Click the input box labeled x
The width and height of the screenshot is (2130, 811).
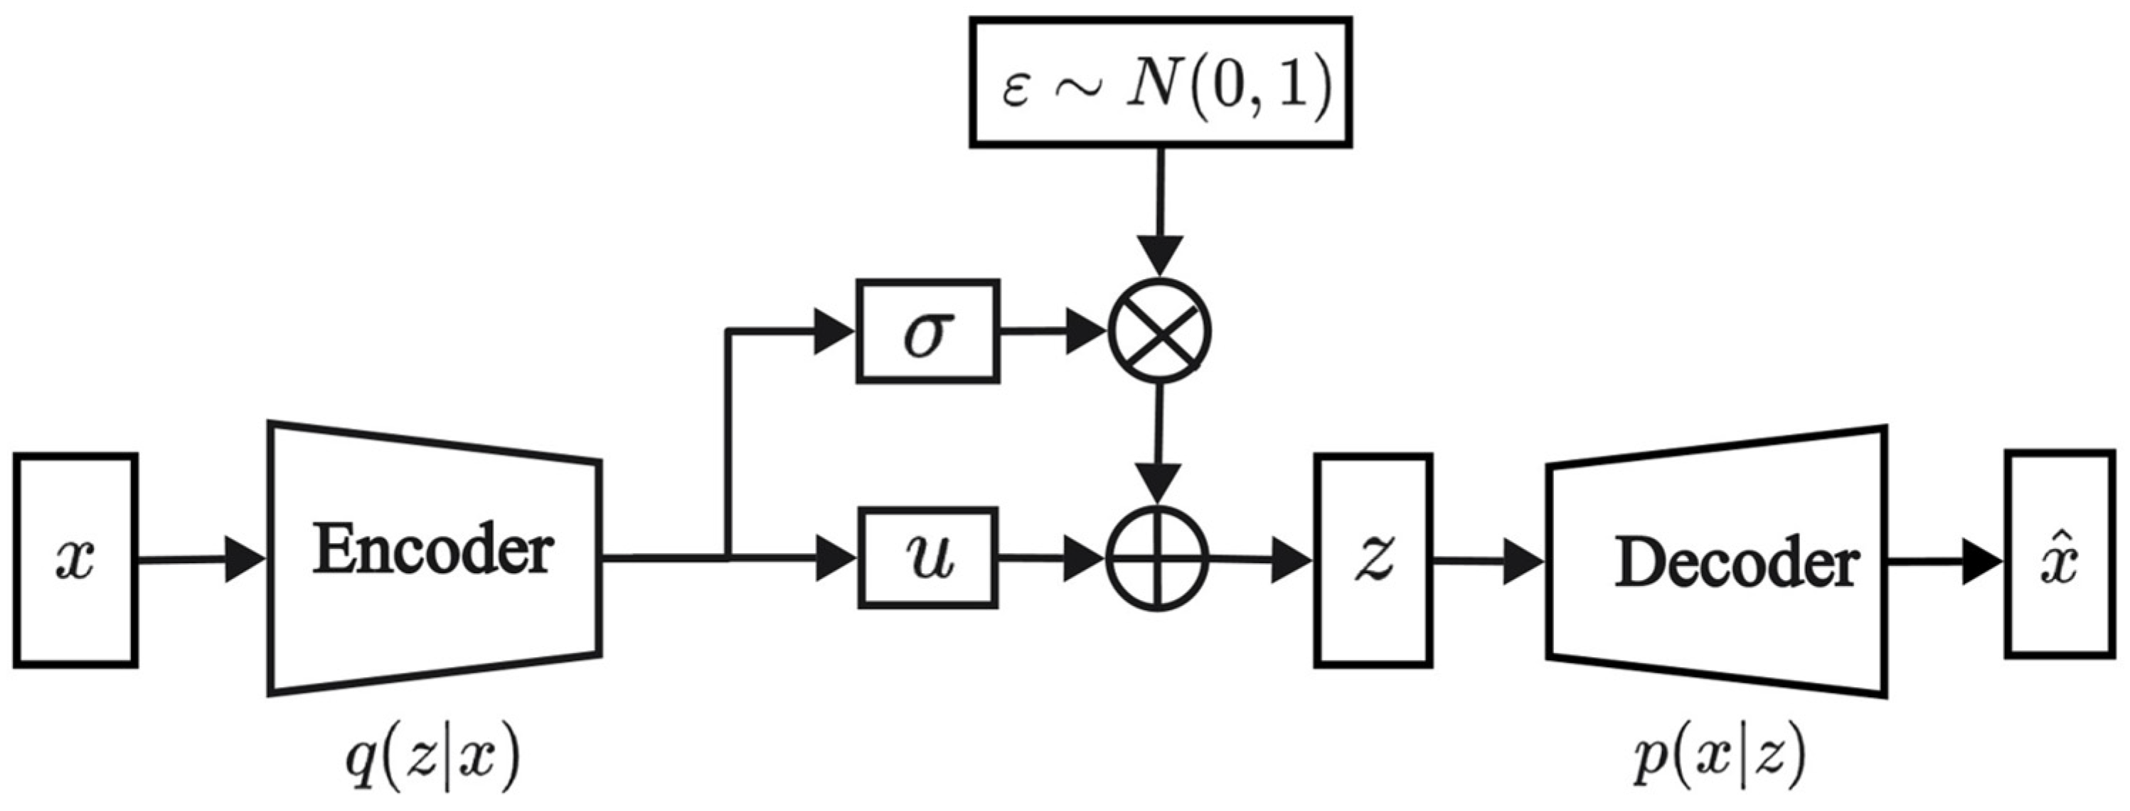[75, 560]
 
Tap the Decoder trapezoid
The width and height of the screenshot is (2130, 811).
[1718, 560]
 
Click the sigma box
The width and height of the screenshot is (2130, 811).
[927, 331]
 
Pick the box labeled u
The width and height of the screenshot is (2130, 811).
[927, 558]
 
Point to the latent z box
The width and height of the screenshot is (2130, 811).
[1373, 560]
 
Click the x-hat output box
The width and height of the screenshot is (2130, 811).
[2059, 554]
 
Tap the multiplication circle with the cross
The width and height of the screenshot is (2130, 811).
[1159, 331]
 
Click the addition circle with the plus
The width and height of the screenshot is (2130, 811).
[1158, 560]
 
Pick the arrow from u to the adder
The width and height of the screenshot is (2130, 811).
[1050, 560]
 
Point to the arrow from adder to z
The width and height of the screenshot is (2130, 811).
[1261, 561]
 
